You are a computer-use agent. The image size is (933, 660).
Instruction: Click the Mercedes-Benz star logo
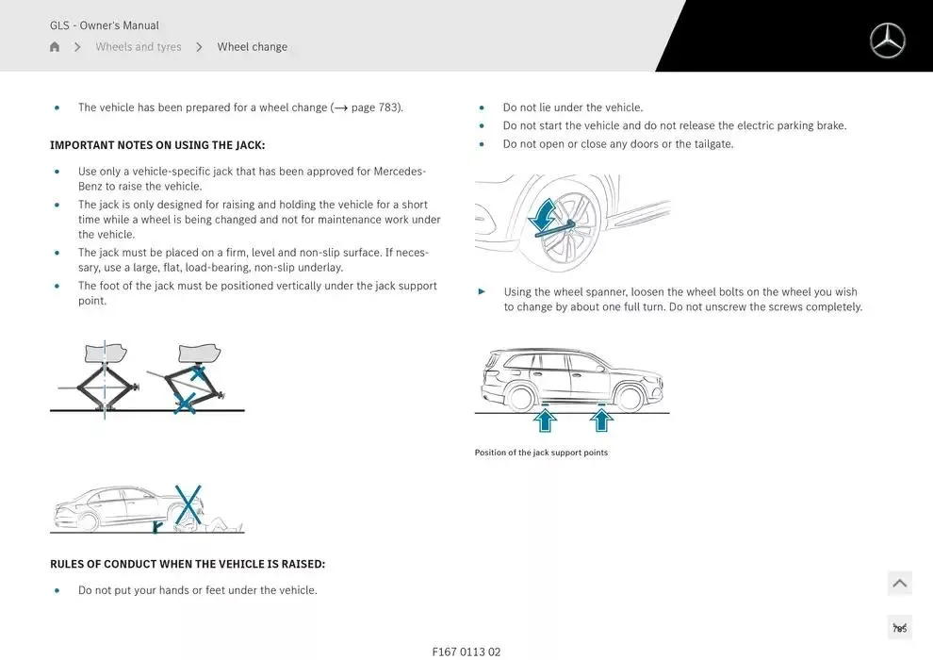point(887,41)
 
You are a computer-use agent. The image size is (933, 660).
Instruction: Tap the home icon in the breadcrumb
point(55,47)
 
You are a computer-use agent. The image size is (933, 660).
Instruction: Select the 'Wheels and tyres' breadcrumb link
point(139,47)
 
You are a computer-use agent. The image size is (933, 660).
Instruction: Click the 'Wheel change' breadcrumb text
point(253,47)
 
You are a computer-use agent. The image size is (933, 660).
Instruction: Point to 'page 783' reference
point(376,107)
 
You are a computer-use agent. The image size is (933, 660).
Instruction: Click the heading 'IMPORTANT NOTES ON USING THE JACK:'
point(157,145)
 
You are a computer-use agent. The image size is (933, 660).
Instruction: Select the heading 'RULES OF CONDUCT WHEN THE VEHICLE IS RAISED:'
point(188,564)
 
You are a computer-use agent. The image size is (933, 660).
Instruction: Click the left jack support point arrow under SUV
point(545,419)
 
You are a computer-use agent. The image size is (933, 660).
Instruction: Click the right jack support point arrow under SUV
point(601,419)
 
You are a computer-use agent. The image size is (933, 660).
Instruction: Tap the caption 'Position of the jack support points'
point(541,453)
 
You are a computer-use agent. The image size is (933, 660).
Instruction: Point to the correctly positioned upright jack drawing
point(104,377)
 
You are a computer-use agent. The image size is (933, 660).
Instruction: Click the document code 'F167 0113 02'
point(466,652)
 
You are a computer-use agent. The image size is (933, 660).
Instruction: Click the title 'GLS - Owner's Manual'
point(105,25)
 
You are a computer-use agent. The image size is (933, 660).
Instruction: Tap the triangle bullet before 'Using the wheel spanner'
point(483,292)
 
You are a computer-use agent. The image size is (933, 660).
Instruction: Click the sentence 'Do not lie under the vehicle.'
point(573,107)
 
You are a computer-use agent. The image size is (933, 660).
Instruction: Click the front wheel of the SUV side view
point(629,398)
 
